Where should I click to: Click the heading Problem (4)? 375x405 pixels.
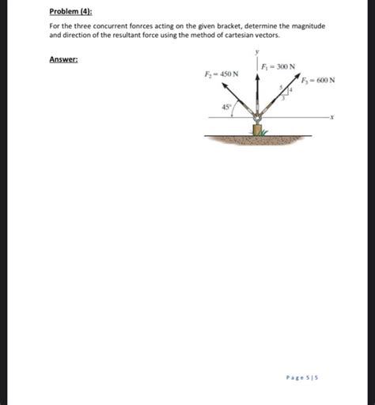click(70, 12)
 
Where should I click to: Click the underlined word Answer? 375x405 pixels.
click(62, 59)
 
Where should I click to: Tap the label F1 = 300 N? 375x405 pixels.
click(278, 66)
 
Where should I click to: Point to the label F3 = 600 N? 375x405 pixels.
click(318, 81)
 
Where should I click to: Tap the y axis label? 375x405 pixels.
click(257, 52)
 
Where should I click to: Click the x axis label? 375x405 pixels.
click(332, 119)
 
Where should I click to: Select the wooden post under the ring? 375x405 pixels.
click(257, 129)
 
